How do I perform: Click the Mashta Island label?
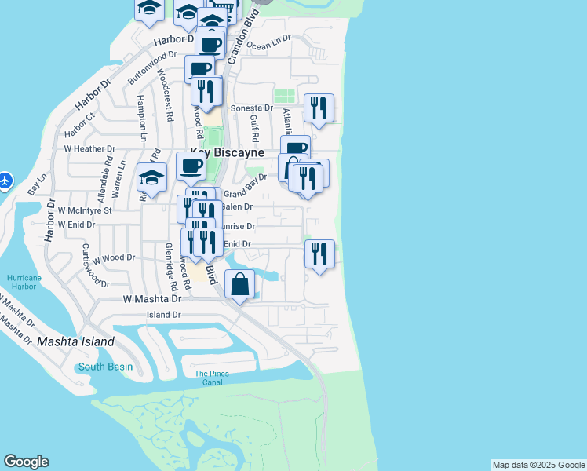[x=75, y=341]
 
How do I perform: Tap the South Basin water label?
[x=105, y=367]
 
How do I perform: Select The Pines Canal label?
[x=212, y=378]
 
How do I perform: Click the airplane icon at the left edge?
[x=5, y=181]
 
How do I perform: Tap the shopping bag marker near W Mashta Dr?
[x=240, y=284]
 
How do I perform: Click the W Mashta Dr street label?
[x=151, y=299]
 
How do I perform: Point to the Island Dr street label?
[x=164, y=315]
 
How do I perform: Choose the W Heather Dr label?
[x=89, y=148]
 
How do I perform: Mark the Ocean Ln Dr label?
[x=268, y=42]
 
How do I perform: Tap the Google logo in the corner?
[x=26, y=462]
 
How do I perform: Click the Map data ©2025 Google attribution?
[x=539, y=465]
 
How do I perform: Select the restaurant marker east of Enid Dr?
[x=319, y=254]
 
